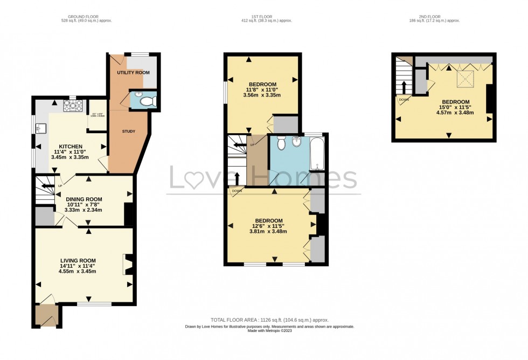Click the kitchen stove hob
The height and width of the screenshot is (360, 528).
point(71,106)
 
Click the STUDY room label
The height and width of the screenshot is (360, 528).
point(128,131)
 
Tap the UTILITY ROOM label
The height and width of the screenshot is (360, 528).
point(133,72)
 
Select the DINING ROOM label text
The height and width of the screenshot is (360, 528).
point(84,199)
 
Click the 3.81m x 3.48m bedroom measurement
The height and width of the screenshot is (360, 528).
point(268,232)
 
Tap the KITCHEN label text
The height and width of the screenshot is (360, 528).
point(71,146)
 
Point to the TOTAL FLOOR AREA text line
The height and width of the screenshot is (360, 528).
point(269,320)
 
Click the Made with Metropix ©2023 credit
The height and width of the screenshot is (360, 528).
point(269,331)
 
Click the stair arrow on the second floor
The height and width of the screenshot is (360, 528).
point(404,87)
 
